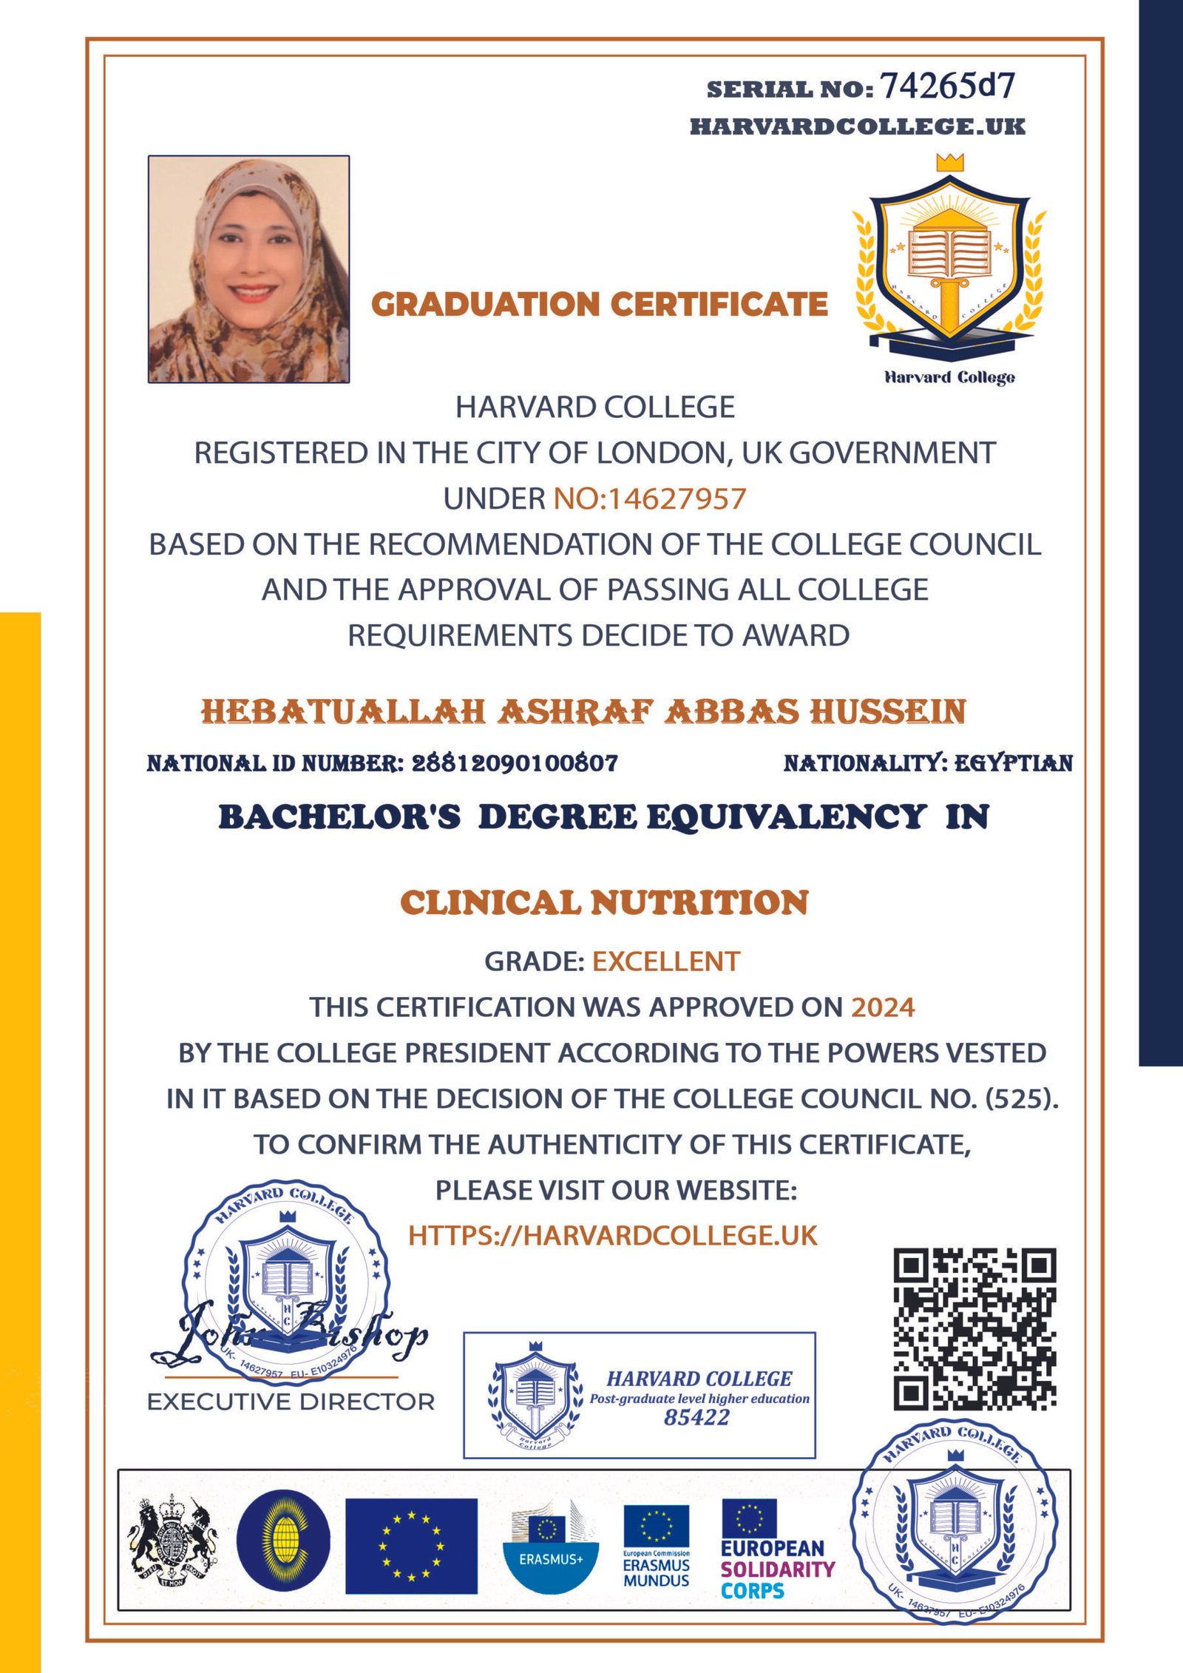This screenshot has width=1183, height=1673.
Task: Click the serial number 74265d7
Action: tap(947, 87)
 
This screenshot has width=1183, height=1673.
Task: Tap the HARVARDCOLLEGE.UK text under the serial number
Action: tap(858, 126)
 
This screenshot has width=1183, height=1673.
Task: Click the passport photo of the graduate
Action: tap(248, 269)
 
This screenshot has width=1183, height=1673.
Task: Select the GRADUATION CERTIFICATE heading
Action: tap(599, 304)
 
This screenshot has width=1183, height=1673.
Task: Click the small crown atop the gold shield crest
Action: tap(949, 162)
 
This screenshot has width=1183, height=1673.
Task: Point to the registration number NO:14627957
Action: tap(650, 498)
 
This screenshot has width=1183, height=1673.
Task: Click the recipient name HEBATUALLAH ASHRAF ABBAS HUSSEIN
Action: tap(583, 712)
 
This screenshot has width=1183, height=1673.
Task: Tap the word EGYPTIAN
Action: tap(1014, 763)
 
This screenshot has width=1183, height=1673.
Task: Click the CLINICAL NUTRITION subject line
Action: tap(604, 902)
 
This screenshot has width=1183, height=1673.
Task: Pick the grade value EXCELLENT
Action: tap(665, 961)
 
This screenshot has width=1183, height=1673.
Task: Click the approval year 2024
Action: tap(883, 1007)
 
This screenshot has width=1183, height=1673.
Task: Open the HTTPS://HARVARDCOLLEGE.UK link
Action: tap(613, 1236)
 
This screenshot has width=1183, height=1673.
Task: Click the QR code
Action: tap(974, 1329)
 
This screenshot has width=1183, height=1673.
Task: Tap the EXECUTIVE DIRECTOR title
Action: tap(291, 1402)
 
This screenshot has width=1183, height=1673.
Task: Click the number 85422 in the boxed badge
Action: tap(696, 1417)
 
